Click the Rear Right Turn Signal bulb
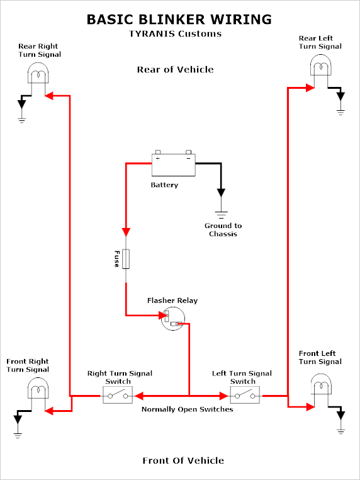(38, 73)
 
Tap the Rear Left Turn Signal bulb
(321, 65)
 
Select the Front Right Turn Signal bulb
(38, 388)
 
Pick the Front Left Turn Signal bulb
(321, 384)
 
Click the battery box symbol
(174, 164)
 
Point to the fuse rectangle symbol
(126, 259)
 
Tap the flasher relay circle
(173, 319)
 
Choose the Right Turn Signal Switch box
(118, 395)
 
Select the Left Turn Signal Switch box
(245, 395)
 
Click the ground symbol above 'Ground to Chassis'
(221, 214)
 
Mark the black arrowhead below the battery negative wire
(221, 193)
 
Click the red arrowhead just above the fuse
(126, 232)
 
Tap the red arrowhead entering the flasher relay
(162, 316)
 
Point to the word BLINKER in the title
(172, 20)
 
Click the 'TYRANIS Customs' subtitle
(175, 33)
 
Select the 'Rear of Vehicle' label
(175, 69)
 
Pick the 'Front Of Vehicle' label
(183, 460)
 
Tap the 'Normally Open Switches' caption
(187, 409)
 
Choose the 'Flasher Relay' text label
(172, 300)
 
